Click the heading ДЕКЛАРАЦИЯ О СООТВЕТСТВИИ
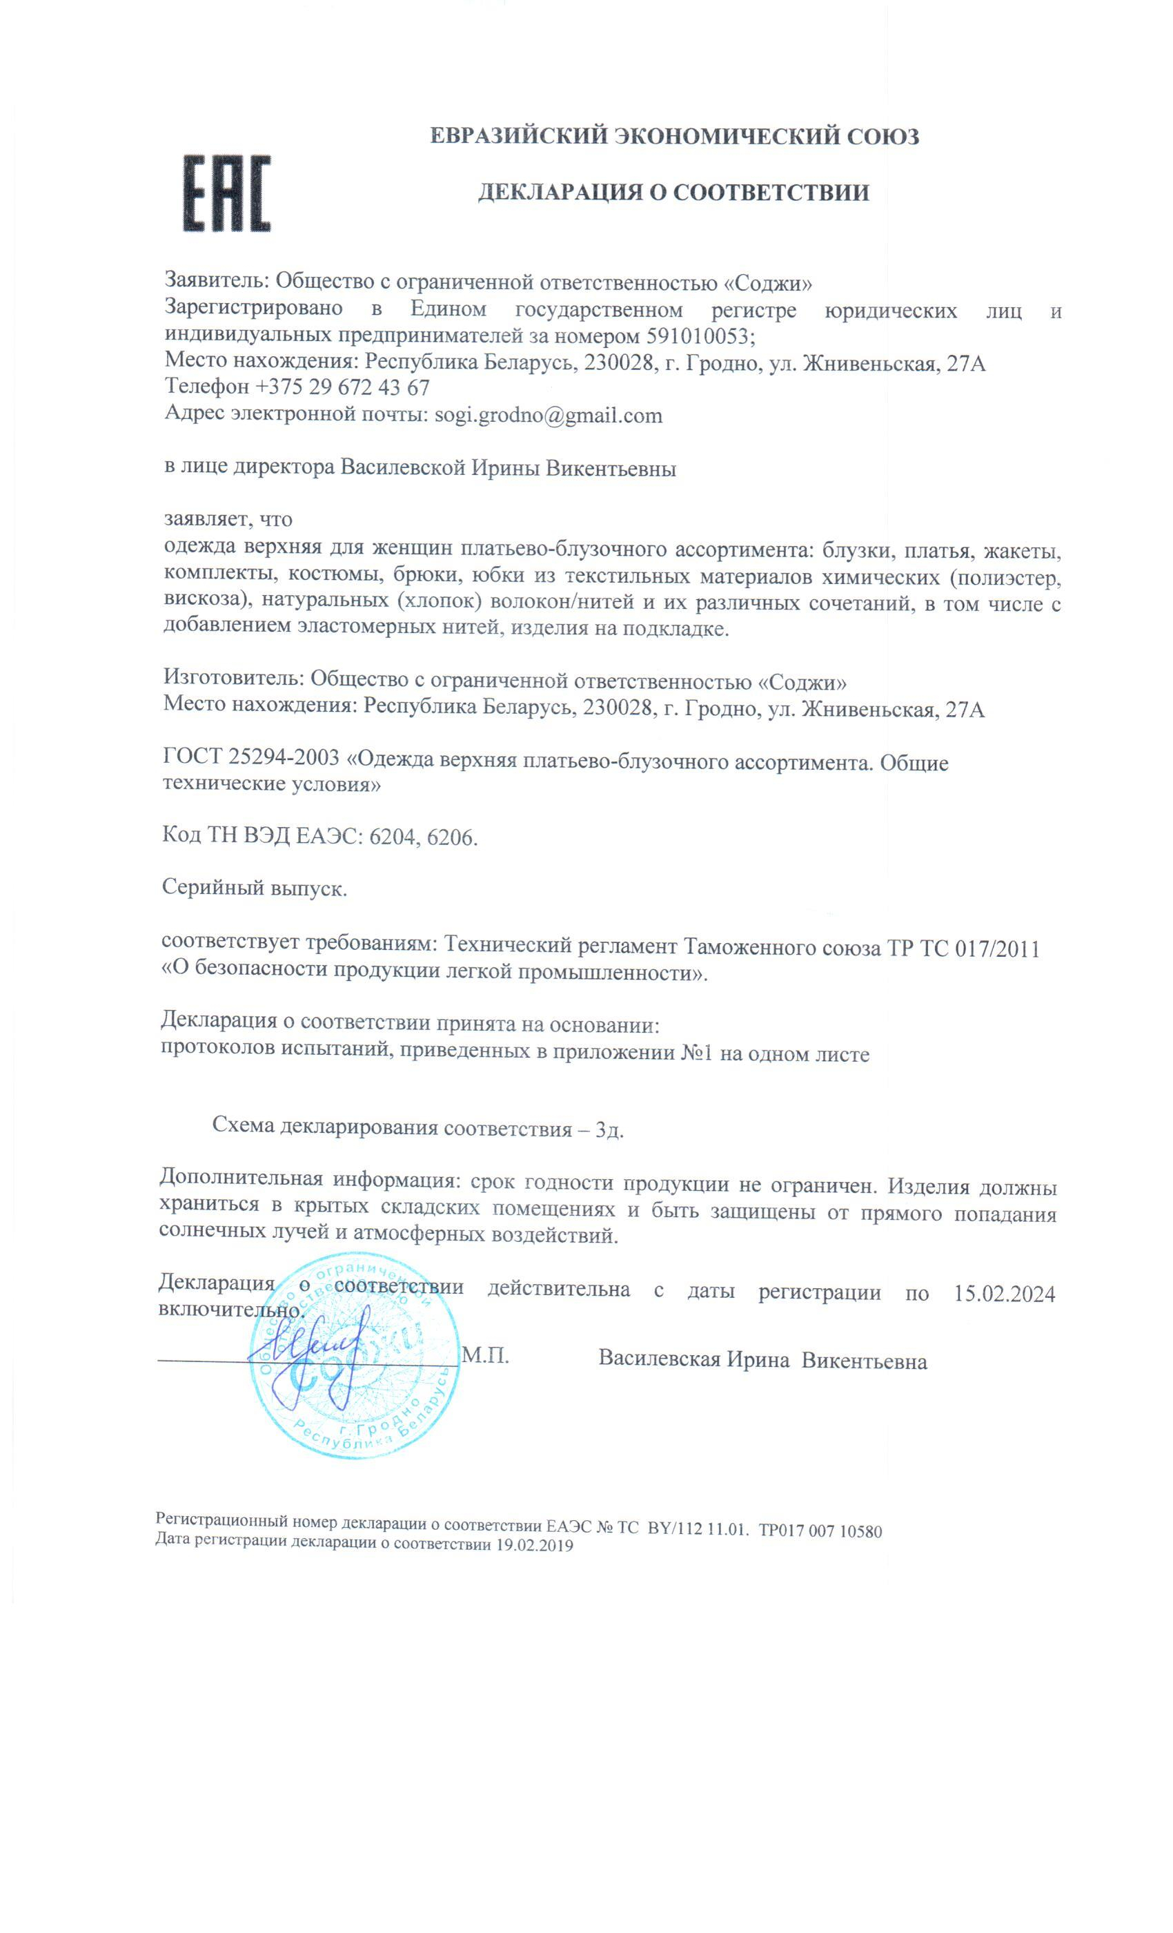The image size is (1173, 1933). pos(673,192)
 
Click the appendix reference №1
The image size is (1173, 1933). pos(696,1053)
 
